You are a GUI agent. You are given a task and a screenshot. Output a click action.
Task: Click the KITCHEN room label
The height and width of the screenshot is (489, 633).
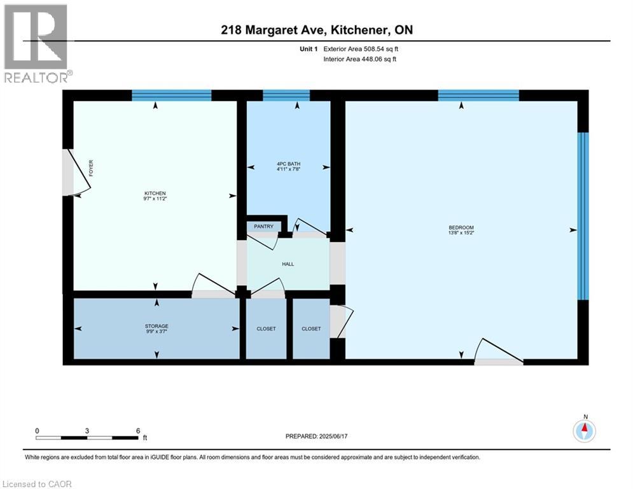pos(155,193)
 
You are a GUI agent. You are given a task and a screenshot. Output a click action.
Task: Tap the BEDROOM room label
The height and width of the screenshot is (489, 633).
pos(461,227)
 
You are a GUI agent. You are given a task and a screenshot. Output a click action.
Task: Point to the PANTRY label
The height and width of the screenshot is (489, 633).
pos(263,227)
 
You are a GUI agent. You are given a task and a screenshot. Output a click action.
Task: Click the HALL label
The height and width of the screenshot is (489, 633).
pos(288,264)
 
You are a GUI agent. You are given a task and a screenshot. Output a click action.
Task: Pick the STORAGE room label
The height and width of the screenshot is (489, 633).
pos(157,326)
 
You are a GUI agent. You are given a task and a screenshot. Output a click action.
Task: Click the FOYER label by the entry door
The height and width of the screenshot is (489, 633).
pos(91,168)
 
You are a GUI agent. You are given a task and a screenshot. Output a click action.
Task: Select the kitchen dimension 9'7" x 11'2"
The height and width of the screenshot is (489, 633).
pos(155,199)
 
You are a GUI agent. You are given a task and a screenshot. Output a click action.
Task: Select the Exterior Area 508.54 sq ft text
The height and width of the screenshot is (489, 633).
pos(361,48)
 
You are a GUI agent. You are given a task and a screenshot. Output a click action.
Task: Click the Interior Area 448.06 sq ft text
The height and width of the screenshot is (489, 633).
pos(361,59)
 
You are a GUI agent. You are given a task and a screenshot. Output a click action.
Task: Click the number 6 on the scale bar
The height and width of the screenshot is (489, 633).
pos(138,430)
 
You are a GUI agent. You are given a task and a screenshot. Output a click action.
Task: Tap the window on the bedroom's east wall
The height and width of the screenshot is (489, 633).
pos(581,215)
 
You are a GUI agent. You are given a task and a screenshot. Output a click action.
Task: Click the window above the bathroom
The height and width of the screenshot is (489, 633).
pos(286,96)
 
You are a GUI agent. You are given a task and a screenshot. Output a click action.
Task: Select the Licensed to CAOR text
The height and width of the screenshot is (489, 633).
pos(38,484)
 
